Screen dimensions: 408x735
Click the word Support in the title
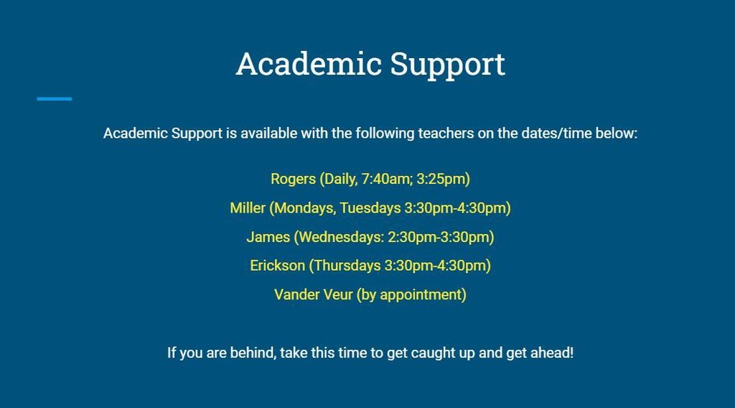point(448,65)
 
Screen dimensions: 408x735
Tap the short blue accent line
point(55,98)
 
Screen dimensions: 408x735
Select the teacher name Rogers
point(293,179)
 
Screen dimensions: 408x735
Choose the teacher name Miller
point(248,208)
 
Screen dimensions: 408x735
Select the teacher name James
point(268,236)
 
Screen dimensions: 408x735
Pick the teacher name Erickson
point(277,265)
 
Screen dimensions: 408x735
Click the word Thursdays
point(347,265)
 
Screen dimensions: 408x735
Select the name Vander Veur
point(313,295)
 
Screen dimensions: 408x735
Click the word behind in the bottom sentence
point(252,353)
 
